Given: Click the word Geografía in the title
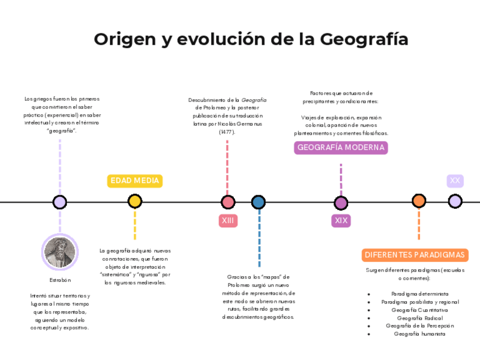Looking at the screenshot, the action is click(364, 40).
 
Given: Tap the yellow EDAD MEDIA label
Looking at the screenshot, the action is click(135, 181).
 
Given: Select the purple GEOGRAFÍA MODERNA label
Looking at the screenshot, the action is click(341, 148).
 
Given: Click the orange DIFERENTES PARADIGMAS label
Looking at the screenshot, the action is click(415, 255).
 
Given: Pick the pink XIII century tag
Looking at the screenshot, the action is click(228, 221).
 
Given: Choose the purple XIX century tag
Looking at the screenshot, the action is click(341, 221).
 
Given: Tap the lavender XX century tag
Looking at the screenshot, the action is click(455, 181).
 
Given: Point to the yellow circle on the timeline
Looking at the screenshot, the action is click(135, 202).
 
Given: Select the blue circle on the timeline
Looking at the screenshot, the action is click(258, 202).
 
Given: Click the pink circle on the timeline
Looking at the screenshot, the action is click(228, 202).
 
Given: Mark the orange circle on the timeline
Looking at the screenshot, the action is click(419, 201).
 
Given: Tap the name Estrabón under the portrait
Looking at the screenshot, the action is click(60, 280).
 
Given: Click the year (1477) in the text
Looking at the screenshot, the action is click(227, 132).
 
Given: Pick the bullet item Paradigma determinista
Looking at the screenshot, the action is click(419, 294).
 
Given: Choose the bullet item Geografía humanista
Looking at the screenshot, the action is click(419, 334).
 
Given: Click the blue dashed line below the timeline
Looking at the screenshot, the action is click(259, 238).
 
